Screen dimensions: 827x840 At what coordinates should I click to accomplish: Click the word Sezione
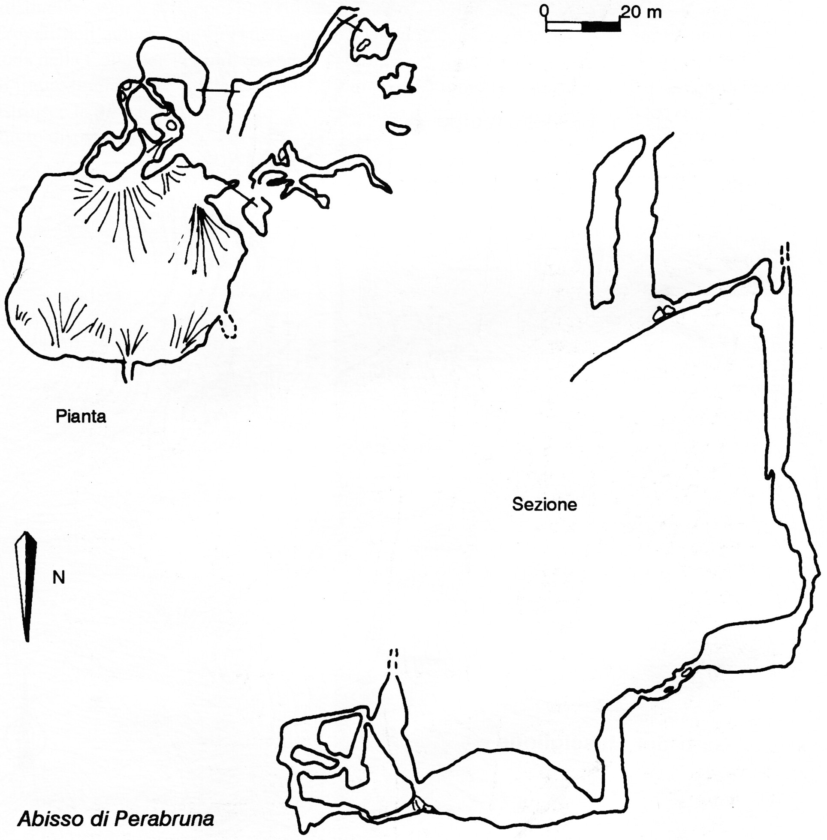tap(545, 504)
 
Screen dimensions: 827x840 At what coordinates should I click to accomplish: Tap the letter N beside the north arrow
tap(59, 578)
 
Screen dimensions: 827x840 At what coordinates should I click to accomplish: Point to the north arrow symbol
tap(26, 586)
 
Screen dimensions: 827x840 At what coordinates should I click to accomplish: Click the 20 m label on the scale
tap(641, 12)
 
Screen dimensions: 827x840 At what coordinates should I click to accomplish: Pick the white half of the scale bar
tap(564, 27)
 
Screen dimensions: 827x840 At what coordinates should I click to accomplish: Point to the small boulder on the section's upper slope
tap(664, 312)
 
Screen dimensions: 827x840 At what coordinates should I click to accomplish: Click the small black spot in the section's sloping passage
tap(669, 690)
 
